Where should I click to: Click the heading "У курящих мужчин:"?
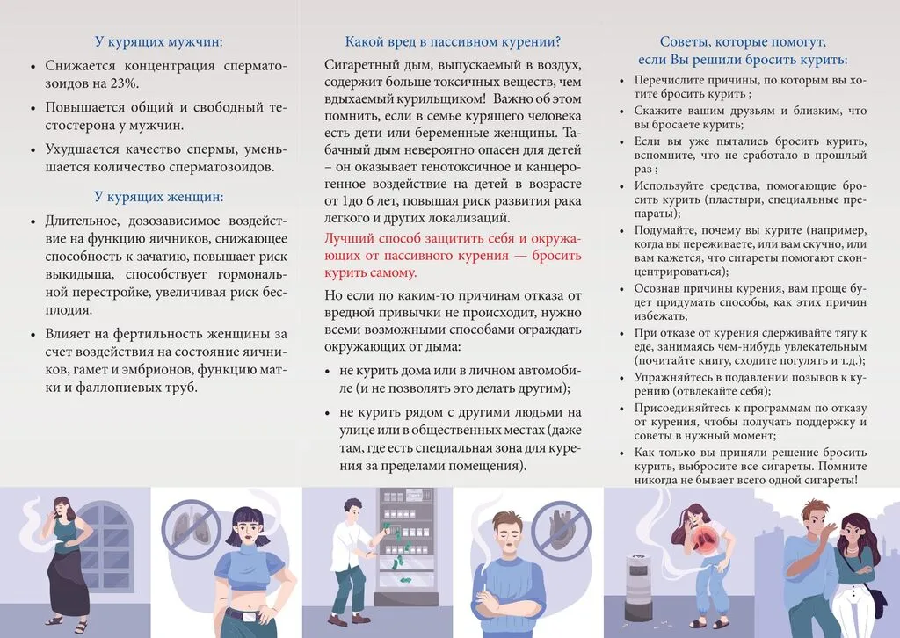(158, 41)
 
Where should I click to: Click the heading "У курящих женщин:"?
(158, 197)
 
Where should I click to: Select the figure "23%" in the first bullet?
(125, 83)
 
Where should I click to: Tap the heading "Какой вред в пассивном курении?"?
(453, 41)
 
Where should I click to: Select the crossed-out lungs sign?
(192, 531)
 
